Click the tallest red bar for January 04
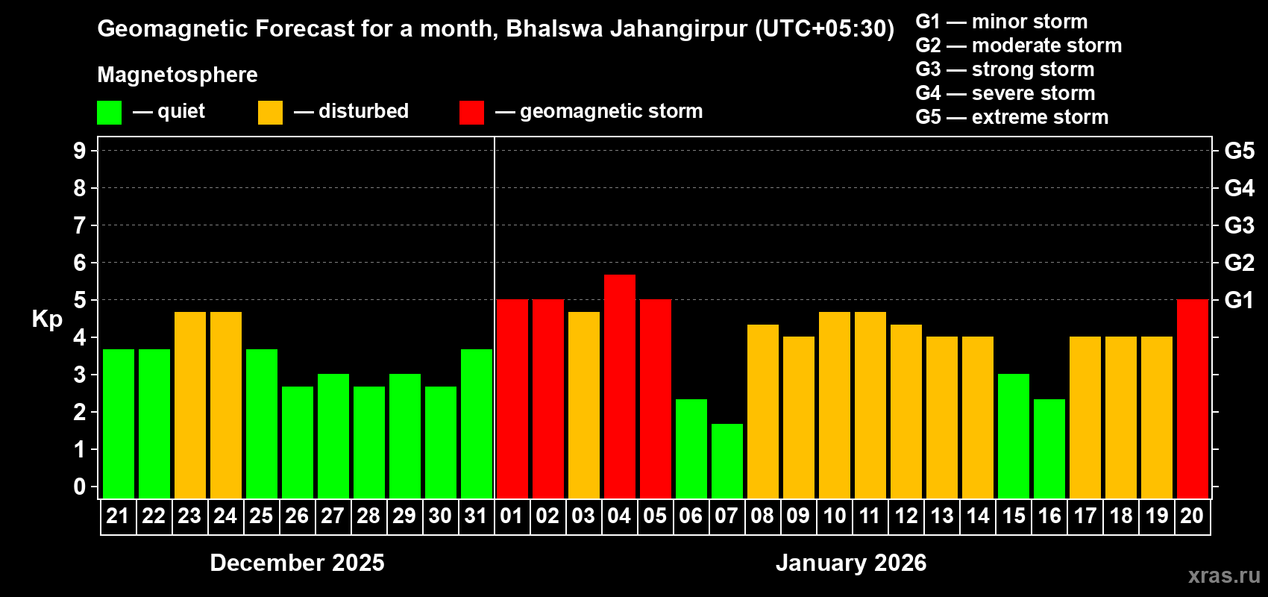(x=620, y=386)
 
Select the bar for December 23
(x=190, y=404)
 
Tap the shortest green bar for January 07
(x=727, y=460)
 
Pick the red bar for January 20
(x=1193, y=398)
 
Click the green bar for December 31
(x=477, y=423)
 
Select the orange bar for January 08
(x=763, y=411)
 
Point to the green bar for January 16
(x=1049, y=448)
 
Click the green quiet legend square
(x=110, y=113)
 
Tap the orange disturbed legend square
(x=271, y=113)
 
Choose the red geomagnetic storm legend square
(x=471, y=113)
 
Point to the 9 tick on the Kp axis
(x=80, y=151)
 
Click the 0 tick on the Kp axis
(x=80, y=487)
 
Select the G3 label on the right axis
(x=1240, y=225)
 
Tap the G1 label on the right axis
(x=1240, y=300)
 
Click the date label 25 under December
(x=261, y=516)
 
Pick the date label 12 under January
(x=906, y=516)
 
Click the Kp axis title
(x=47, y=319)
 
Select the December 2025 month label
(x=297, y=563)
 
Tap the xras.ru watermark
(x=1224, y=575)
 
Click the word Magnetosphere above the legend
(x=178, y=75)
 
